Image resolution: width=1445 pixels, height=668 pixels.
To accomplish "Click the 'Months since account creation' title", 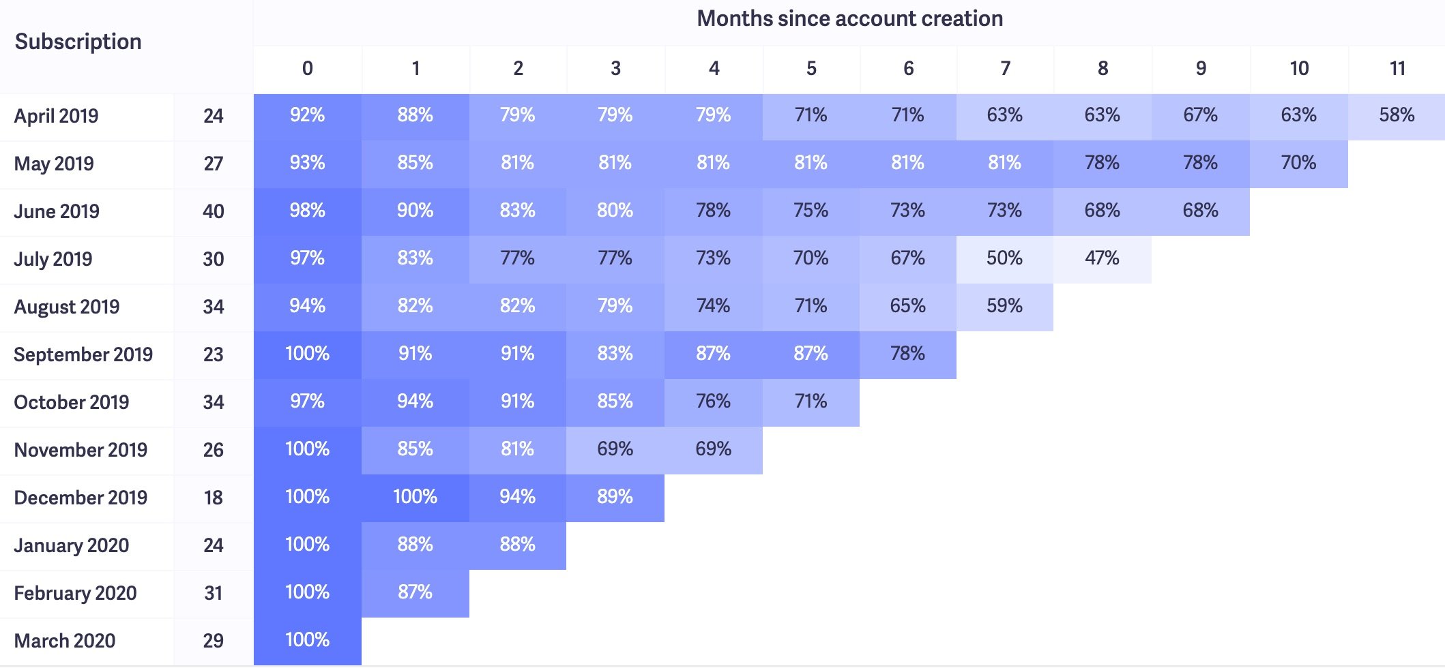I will click(849, 18).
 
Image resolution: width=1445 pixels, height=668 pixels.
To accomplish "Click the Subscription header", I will click(78, 42).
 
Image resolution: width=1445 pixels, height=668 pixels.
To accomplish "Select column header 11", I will click(1397, 68).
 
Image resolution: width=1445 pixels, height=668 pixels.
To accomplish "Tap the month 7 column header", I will click(1005, 68).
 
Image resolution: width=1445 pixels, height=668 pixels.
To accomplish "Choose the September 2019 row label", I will click(83, 354).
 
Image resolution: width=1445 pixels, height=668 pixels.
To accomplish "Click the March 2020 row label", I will click(65, 641).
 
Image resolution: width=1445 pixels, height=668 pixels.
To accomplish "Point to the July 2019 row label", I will click(53, 259).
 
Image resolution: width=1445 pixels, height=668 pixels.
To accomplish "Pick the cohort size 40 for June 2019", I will click(213, 211).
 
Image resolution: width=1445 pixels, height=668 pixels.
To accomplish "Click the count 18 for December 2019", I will click(213, 498).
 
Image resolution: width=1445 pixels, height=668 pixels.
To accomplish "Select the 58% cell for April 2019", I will click(1397, 115).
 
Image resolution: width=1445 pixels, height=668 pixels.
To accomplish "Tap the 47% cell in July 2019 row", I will click(1102, 258).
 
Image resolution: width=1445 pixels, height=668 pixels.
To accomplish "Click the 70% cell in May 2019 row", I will click(1298, 163).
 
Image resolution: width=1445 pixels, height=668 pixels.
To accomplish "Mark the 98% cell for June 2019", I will click(307, 211).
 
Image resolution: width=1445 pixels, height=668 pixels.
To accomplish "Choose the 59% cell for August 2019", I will click(1004, 306).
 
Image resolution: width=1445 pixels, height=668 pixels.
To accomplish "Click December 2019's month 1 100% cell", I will click(415, 497).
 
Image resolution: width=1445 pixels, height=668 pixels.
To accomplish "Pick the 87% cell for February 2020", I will click(415, 592).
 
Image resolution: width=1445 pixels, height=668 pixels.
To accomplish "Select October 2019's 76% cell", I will click(713, 401).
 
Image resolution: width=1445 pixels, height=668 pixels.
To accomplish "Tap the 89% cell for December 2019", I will click(615, 497).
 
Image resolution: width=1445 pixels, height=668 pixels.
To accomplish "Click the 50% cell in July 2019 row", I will click(1004, 258).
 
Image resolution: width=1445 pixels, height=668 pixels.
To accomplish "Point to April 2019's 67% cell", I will click(1200, 115).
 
